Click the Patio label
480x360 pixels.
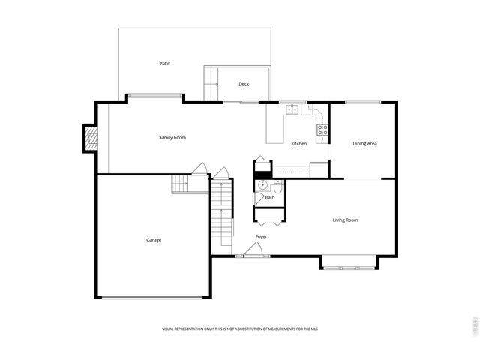coord(164,64)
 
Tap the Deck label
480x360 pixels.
coord(244,84)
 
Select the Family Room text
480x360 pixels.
coord(172,138)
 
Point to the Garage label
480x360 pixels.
coord(153,240)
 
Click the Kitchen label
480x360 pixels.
coord(298,144)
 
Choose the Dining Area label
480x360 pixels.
coord(364,143)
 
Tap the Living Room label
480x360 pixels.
coord(345,220)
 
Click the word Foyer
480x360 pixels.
coord(261,236)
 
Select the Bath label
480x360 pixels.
coord(269,197)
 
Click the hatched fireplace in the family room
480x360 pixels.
coord(90,138)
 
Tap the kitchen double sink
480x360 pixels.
coord(292,109)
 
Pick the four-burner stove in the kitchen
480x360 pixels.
coord(323,133)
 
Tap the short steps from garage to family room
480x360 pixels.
coord(180,184)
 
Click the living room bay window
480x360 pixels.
coord(349,264)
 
